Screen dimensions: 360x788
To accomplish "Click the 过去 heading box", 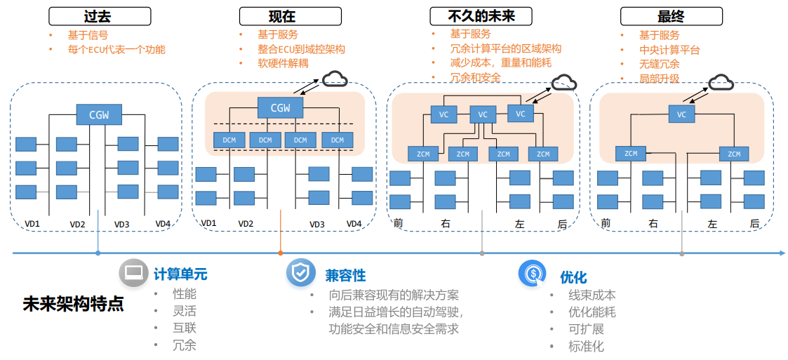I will coord(99,16).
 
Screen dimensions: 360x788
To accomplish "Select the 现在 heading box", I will coord(291,16).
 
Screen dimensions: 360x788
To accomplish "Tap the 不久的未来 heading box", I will coord(480,16).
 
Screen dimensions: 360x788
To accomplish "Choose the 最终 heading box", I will coord(671,16).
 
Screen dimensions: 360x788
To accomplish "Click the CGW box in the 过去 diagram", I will coord(98,114).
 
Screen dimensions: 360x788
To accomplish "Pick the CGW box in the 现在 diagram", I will coord(280,107).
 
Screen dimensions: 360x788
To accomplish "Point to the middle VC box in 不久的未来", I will coord(482,114).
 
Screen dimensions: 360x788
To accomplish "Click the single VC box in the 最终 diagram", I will coord(681,114).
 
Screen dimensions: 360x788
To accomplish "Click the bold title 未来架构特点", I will coord(73,305).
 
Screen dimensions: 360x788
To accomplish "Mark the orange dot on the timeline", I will coord(281,253).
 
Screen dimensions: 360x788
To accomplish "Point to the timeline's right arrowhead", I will coord(781,253).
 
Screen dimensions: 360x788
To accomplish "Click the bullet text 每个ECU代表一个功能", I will coord(117,50).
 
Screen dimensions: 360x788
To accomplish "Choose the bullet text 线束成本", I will coord(592,295).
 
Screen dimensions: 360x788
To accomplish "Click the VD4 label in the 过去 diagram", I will coord(163,224).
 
